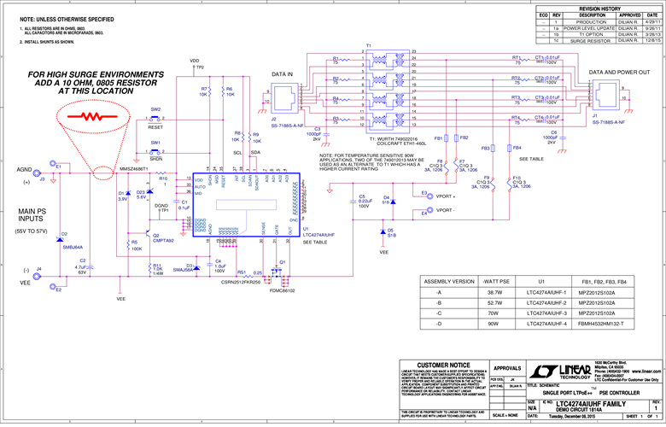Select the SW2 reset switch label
(x=155, y=109)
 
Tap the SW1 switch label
(x=155, y=142)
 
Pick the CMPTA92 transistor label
(x=163, y=241)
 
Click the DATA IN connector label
(x=283, y=75)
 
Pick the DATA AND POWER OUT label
(x=619, y=73)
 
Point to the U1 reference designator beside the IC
(x=305, y=230)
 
